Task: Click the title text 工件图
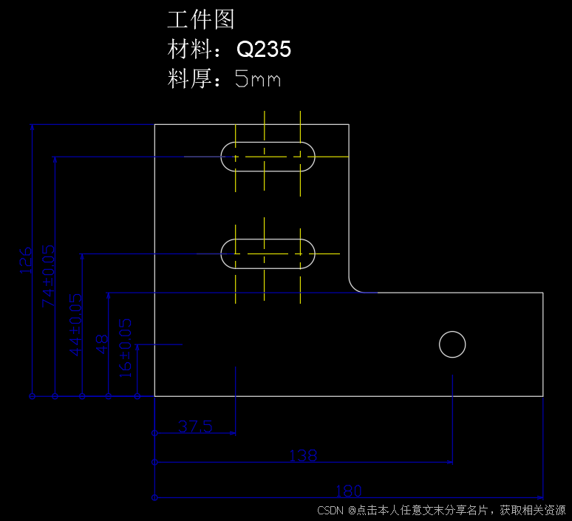(x=201, y=19)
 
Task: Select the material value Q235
(x=263, y=50)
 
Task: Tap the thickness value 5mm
(x=258, y=78)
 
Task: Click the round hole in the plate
(x=452, y=344)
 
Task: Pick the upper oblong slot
(x=268, y=157)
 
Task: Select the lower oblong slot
(x=268, y=253)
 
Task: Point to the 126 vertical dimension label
(x=27, y=261)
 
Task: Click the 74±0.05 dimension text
(x=49, y=276)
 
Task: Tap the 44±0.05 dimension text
(x=76, y=324)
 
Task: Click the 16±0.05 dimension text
(x=126, y=347)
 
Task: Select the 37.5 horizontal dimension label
(x=195, y=426)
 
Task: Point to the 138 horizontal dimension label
(x=303, y=456)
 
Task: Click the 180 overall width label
(x=349, y=491)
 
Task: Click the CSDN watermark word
(x=331, y=511)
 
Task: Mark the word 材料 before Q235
(x=183, y=50)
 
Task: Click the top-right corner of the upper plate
(x=349, y=125)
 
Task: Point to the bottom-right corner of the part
(x=543, y=396)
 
